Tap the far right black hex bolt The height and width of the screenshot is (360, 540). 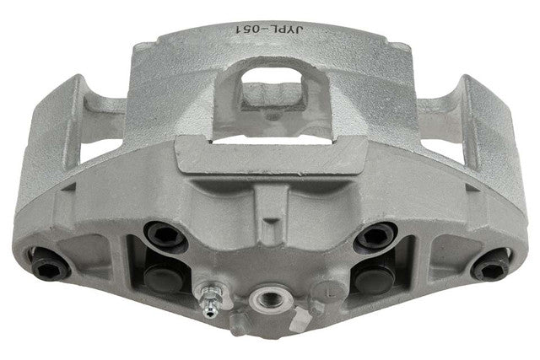tap(490, 266)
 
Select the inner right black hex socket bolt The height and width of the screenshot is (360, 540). tap(375, 236)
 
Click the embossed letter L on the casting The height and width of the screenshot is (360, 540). tap(330, 293)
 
